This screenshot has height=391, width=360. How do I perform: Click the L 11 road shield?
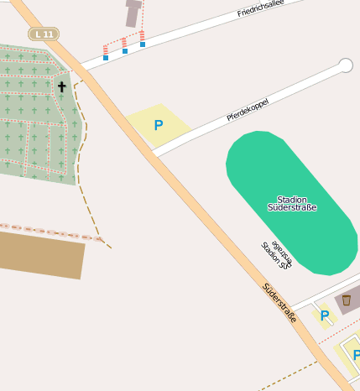[x=44, y=34]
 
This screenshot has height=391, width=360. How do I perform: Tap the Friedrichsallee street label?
[x=262, y=9]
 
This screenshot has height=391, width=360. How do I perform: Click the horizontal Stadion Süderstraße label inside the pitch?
[x=291, y=203]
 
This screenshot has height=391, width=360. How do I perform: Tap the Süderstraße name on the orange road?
[x=279, y=302]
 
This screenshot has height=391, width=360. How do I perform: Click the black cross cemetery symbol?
[x=61, y=86]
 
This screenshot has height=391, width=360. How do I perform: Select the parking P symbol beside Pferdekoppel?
[x=158, y=126]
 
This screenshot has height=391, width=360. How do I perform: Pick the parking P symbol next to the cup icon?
[x=325, y=315]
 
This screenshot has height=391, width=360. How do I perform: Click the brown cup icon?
[x=346, y=300]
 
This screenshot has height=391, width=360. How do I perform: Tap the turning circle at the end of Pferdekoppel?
[x=345, y=65]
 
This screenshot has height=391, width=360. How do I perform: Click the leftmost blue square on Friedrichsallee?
[x=106, y=57]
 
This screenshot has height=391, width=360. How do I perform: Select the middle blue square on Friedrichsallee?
[x=125, y=51]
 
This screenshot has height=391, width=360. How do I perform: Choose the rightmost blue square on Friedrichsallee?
[x=143, y=44]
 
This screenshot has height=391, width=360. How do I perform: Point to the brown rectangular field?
[x=40, y=253]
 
